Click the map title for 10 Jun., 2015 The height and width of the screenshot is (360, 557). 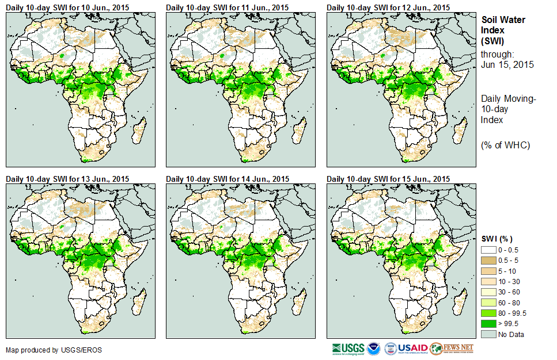tap(67, 7)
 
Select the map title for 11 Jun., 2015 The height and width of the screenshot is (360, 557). tap(228, 7)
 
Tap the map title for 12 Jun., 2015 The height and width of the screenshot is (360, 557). tap(388, 7)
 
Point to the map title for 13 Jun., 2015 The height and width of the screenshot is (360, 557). tap(67, 179)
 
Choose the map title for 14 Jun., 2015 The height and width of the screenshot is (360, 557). tap(228, 179)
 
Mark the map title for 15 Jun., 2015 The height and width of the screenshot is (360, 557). tap(388, 179)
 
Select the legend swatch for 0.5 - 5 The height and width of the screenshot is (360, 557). tap(489, 261)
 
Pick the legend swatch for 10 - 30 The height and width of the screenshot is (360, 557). tap(489, 282)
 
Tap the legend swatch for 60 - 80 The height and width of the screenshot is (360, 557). tap(489, 302)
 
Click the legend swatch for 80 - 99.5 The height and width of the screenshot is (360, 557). tap(489, 313)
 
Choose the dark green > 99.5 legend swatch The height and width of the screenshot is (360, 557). tap(489, 323)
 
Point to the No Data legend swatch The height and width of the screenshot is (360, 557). tap(489, 334)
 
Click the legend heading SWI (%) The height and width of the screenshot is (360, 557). tap(497, 239)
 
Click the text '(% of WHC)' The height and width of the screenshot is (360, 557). tap(505, 145)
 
